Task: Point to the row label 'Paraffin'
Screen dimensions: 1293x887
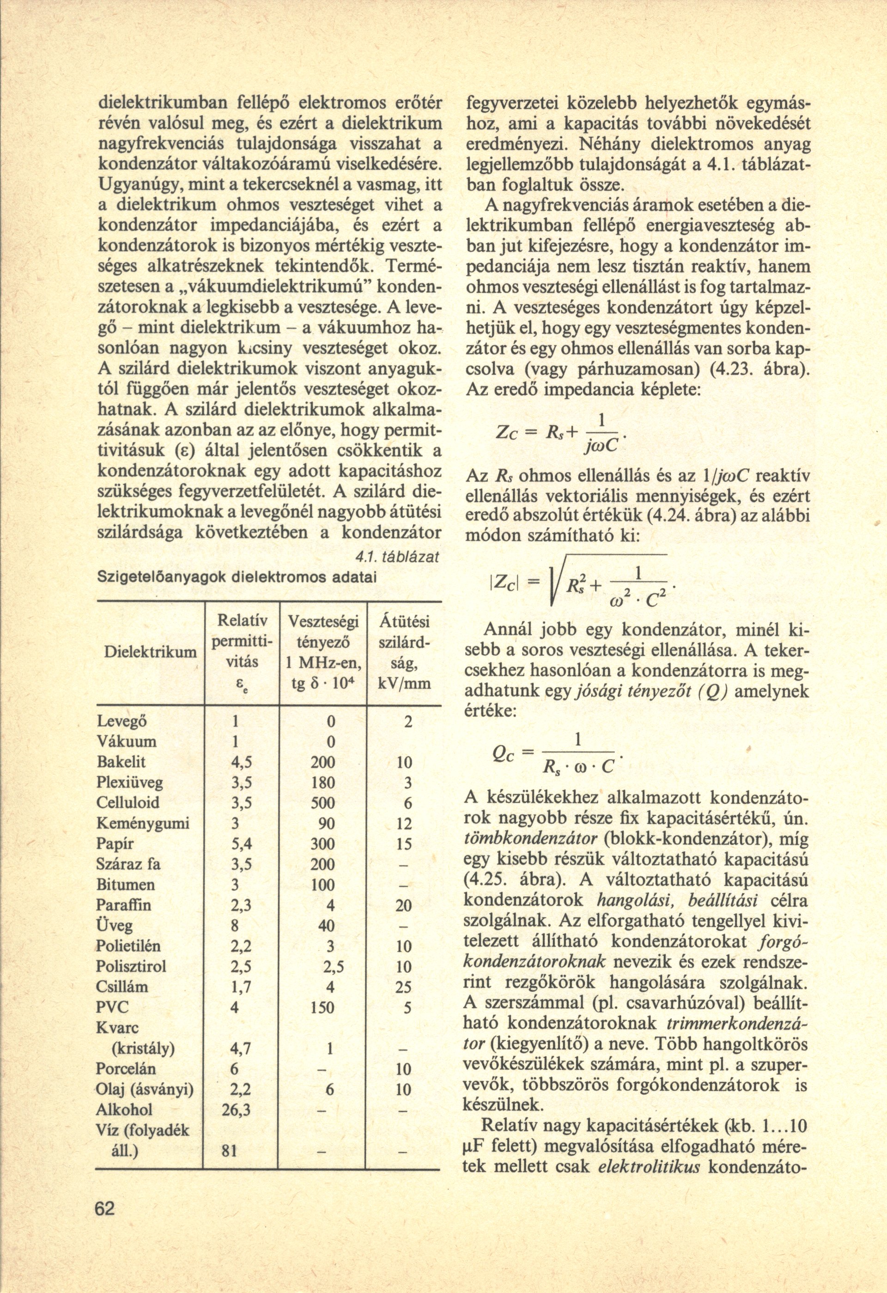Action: (x=123, y=905)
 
